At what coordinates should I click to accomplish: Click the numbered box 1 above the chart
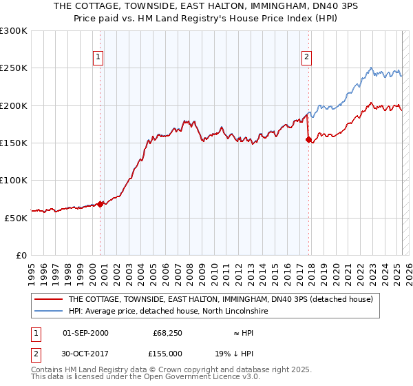coord(99,57)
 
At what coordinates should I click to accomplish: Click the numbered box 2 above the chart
coord(306,57)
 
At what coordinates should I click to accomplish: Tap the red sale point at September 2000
coord(100,204)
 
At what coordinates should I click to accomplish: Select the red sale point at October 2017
coord(308,139)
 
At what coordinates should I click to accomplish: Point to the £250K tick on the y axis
coord(14,68)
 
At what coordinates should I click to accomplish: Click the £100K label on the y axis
coord(14,180)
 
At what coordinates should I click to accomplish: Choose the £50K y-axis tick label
coord(17,217)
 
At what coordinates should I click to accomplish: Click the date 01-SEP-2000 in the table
coord(85,333)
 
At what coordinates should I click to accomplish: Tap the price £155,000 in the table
coord(168,354)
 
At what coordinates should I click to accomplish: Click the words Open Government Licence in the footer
coord(187,377)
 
